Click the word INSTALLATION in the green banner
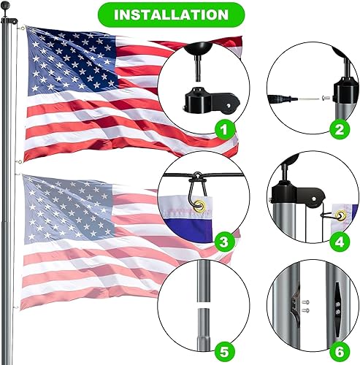click(180, 14)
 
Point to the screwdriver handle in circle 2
click(277, 96)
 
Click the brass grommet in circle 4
click(341, 217)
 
